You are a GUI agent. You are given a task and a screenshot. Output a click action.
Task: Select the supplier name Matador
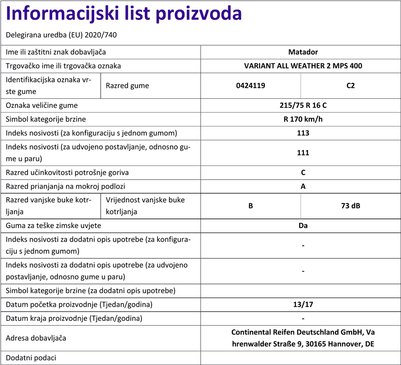[303, 52]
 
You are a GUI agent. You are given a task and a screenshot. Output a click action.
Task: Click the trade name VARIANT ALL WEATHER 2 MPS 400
[303, 66]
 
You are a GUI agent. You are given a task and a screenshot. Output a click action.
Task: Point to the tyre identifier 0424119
[251, 86]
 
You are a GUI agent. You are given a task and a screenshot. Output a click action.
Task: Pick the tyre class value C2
[350, 86]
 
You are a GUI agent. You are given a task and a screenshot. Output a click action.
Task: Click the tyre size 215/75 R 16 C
[303, 106]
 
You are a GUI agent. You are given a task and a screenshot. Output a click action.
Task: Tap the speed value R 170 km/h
[303, 119]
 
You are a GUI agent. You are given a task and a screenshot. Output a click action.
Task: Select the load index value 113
[303, 133]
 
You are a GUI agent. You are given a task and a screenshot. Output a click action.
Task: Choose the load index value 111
[303, 153]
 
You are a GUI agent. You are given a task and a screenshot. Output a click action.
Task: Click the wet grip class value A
[303, 186]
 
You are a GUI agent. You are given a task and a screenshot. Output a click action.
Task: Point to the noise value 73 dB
[350, 206]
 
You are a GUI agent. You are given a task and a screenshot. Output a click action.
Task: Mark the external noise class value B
[251, 206]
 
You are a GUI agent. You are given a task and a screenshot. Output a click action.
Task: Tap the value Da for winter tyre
[303, 225]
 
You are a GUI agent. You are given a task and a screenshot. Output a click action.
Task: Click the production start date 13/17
[303, 304]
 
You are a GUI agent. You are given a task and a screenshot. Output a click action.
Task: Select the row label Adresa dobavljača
[36, 338]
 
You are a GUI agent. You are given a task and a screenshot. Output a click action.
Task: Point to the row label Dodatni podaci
[31, 358]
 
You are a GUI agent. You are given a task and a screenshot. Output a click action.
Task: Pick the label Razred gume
[128, 86]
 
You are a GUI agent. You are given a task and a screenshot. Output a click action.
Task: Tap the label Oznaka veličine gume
[42, 106]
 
